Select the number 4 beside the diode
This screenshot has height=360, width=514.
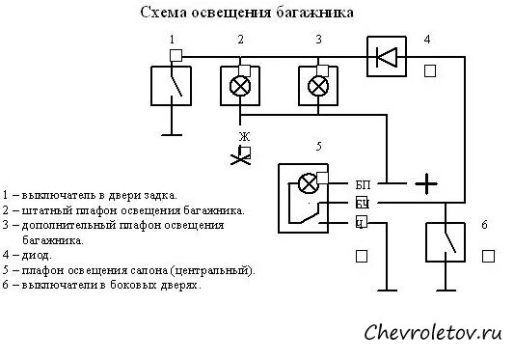point(427,40)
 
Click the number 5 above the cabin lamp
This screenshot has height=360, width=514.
point(317,147)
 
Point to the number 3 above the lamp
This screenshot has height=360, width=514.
point(317,40)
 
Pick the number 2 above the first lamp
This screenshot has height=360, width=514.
point(241,40)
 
